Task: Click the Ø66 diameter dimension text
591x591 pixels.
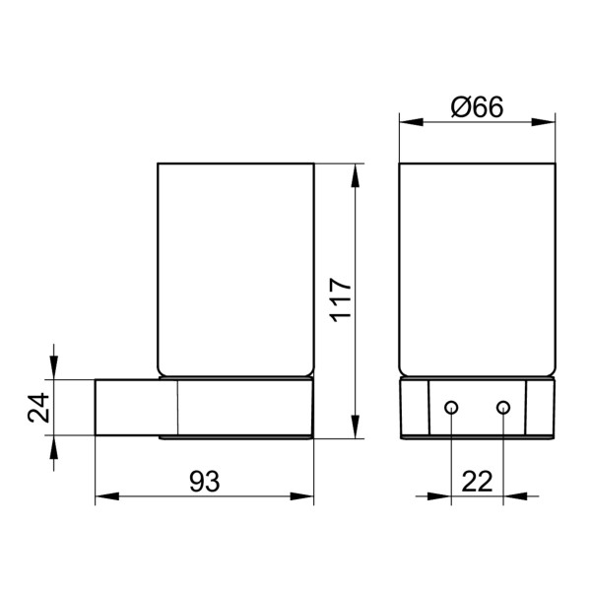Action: point(477,106)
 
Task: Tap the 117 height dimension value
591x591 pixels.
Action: point(339,298)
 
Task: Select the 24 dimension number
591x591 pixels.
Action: point(38,408)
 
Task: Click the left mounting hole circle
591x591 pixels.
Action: point(451,408)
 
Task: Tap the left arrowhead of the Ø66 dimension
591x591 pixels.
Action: point(406,123)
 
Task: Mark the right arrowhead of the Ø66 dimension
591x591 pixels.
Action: point(549,123)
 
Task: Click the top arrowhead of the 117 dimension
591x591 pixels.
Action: point(354,168)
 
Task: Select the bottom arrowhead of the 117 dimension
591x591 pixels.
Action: point(354,429)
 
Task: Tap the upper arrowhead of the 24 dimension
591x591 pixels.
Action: point(54,372)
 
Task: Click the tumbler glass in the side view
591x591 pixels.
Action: point(235,266)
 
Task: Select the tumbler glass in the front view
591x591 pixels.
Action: point(477,266)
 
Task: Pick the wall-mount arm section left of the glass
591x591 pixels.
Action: point(135,408)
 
